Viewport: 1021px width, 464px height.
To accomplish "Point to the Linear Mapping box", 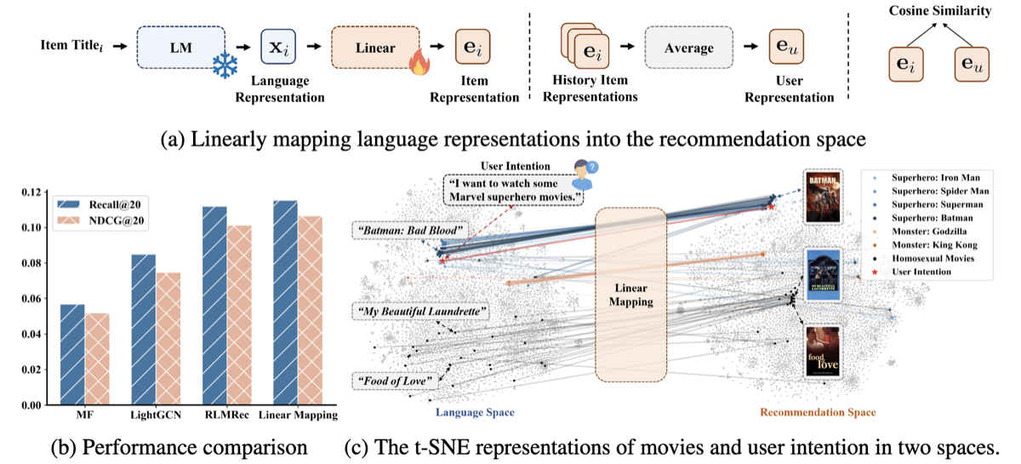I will click(633, 295).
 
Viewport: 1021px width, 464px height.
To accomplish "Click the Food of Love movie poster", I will click(823, 352).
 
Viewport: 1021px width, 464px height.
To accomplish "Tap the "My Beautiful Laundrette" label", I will click(419, 312).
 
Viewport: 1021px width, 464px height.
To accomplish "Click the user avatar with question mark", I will click(583, 172).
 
